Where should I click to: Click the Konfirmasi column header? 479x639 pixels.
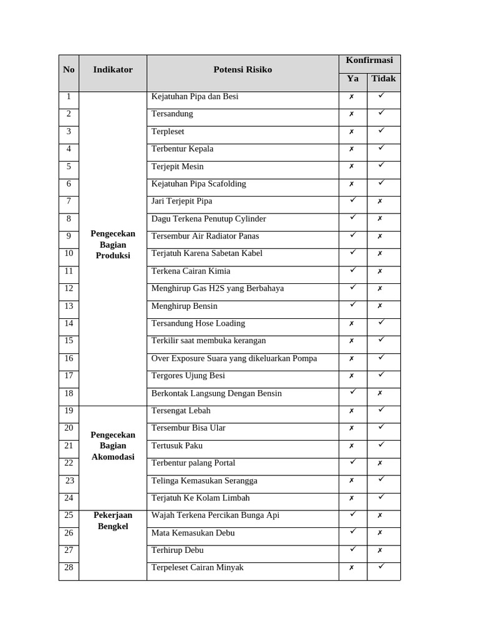pos(369,61)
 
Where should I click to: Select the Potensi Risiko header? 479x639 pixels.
pos(243,70)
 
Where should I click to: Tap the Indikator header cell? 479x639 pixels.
pos(113,70)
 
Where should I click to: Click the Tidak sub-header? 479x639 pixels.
pos(384,79)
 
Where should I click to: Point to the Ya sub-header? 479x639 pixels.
pos(352,79)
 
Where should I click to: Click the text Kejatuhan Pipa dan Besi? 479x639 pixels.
pos(195,97)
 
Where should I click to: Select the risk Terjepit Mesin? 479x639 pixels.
pos(177,167)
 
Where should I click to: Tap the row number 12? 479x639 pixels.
pos(69,288)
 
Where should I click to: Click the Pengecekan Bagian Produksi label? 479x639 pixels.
pos(113,245)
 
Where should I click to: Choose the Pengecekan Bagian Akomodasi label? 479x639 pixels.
pos(113,446)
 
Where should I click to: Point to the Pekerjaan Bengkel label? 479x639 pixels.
pos(113,520)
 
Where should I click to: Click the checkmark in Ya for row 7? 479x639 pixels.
pos(352,200)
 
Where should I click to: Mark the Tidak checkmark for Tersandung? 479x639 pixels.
pos(381,113)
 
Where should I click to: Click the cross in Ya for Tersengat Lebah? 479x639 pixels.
pos(352,411)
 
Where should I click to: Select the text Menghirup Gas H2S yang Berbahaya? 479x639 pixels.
pos(217,288)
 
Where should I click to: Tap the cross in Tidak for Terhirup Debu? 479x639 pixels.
pos(380,551)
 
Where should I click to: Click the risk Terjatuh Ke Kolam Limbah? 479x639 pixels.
pos(200,498)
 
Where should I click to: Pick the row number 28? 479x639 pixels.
pos(69,567)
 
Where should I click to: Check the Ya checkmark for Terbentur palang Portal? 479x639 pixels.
pos(352,462)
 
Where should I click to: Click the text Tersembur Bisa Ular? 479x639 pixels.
pos(188,428)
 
